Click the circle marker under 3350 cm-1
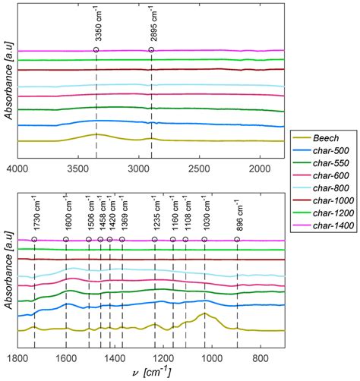coord(96,50)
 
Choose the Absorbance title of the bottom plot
coord(7,273)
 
